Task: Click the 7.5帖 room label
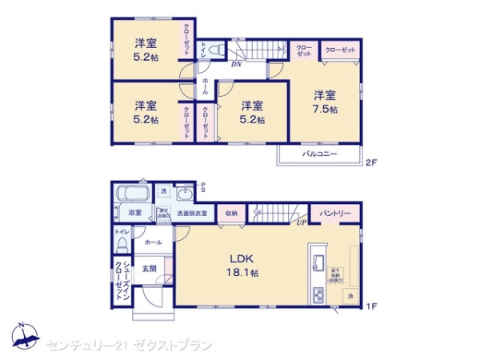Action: [324, 101]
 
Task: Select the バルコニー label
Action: [318, 154]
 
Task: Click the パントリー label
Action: [336, 214]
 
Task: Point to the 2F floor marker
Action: [370, 162]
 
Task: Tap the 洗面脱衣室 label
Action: [192, 214]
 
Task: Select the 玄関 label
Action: [149, 269]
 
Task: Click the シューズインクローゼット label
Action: [118, 277]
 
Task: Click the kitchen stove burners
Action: [318, 295]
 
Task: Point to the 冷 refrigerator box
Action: [350, 296]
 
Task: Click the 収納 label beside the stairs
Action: [231, 214]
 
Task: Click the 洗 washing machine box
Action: [163, 191]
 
